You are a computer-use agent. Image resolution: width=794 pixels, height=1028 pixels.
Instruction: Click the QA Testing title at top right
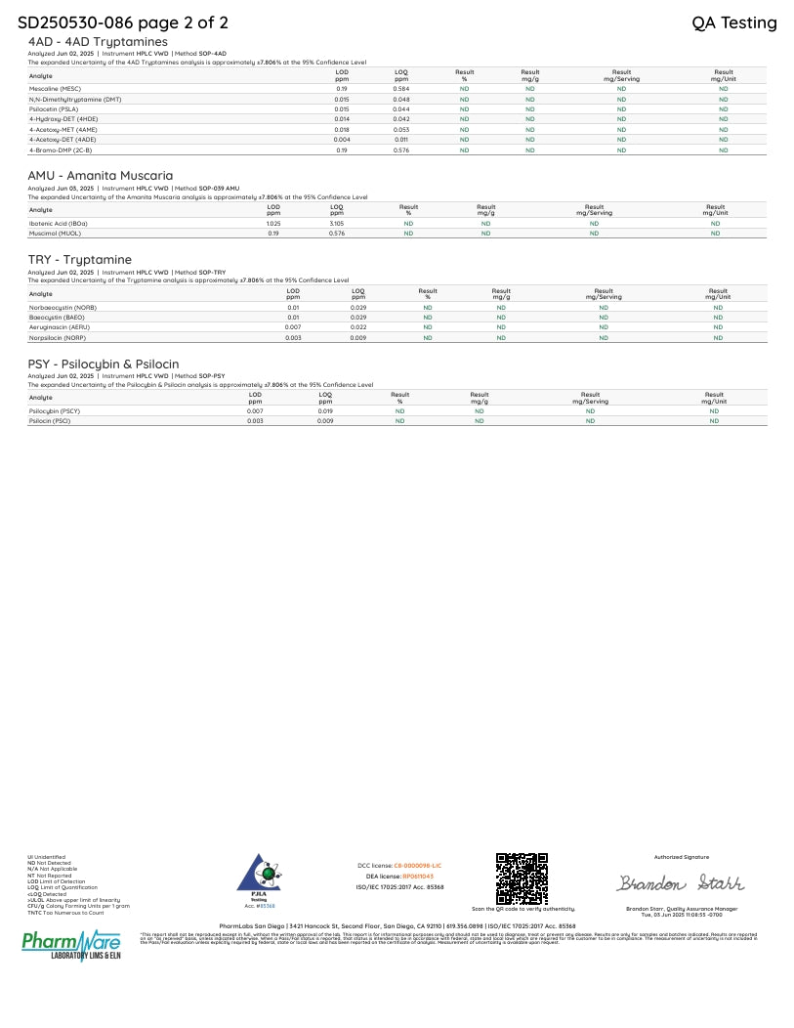click(x=733, y=22)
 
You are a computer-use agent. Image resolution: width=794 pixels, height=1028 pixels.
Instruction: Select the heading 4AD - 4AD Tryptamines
click(x=98, y=42)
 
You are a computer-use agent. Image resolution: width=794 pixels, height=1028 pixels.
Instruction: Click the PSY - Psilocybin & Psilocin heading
click(x=104, y=364)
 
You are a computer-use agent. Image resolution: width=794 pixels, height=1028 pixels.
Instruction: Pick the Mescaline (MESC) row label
click(x=55, y=89)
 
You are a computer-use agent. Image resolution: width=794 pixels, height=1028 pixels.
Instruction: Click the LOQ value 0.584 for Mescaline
click(x=401, y=89)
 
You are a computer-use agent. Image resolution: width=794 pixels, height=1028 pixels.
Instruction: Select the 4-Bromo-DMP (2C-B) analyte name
click(x=61, y=150)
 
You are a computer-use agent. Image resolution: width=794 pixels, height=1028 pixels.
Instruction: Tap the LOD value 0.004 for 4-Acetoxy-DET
click(x=342, y=140)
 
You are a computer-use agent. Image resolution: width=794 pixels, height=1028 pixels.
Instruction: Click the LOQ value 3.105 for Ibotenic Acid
click(x=337, y=224)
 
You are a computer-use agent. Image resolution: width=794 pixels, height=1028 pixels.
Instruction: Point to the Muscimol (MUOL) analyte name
click(x=54, y=234)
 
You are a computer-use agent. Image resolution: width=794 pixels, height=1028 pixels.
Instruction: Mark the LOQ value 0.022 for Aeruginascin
click(x=358, y=327)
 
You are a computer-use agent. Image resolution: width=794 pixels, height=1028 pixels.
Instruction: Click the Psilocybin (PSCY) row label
click(x=55, y=411)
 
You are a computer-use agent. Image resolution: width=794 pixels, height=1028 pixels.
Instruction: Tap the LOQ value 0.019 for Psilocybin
click(x=325, y=411)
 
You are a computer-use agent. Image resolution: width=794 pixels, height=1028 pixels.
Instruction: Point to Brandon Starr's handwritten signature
click(x=681, y=883)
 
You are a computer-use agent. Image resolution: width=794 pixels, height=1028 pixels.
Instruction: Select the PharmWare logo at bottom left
click(x=71, y=947)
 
